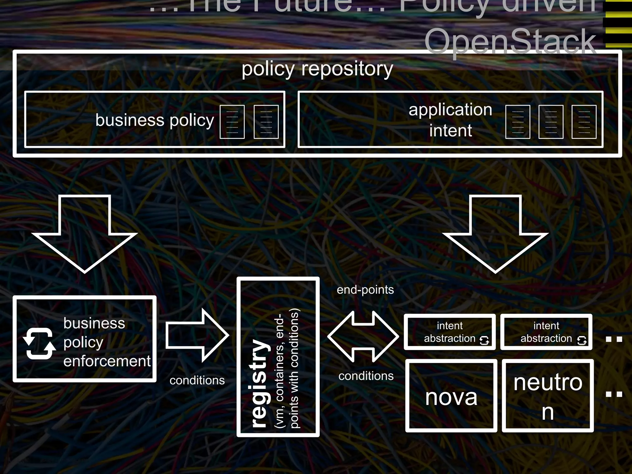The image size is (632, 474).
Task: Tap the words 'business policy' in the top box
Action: pos(155,120)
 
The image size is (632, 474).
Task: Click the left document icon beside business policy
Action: pos(232,122)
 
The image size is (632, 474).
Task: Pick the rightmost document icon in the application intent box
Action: pos(584,122)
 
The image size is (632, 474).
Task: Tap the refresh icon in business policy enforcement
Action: pos(39,343)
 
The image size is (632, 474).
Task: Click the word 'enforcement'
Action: pos(107,361)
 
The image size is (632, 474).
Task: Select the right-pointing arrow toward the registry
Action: pos(197,335)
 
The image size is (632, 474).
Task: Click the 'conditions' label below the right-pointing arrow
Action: pos(197,380)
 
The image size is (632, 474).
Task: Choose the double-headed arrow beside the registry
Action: pos(363,336)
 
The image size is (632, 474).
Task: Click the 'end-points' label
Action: pos(365,290)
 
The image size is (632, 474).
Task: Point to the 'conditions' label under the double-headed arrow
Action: pos(366,376)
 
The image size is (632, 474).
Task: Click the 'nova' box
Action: pos(451,396)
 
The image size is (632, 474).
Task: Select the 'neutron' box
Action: pos(547,396)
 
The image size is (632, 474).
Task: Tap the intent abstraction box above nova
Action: pos(449,332)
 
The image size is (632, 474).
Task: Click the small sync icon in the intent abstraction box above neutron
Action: pos(581,340)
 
